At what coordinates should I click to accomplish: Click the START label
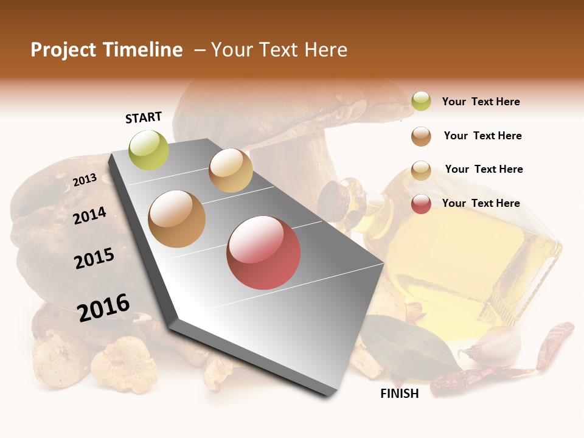point(144,117)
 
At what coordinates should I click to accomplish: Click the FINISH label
point(400,394)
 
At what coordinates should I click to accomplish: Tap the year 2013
point(85,180)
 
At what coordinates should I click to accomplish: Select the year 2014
point(89,215)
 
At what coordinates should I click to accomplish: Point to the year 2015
point(94,258)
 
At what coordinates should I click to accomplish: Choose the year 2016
point(103,307)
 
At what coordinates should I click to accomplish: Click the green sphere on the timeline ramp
point(149,150)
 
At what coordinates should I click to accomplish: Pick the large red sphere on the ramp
point(263,252)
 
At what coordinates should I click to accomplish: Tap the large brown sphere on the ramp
point(177,218)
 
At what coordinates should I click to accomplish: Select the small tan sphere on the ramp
point(231,170)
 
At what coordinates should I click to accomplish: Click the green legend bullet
point(421,102)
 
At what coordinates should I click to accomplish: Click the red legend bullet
point(421,204)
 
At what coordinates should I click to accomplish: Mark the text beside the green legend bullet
point(481,102)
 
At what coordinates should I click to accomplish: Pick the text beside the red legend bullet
point(481,203)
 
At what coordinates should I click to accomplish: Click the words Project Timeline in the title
point(106,50)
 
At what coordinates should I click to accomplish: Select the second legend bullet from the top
point(421,136)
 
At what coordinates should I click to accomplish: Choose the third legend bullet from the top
point(421,170)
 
